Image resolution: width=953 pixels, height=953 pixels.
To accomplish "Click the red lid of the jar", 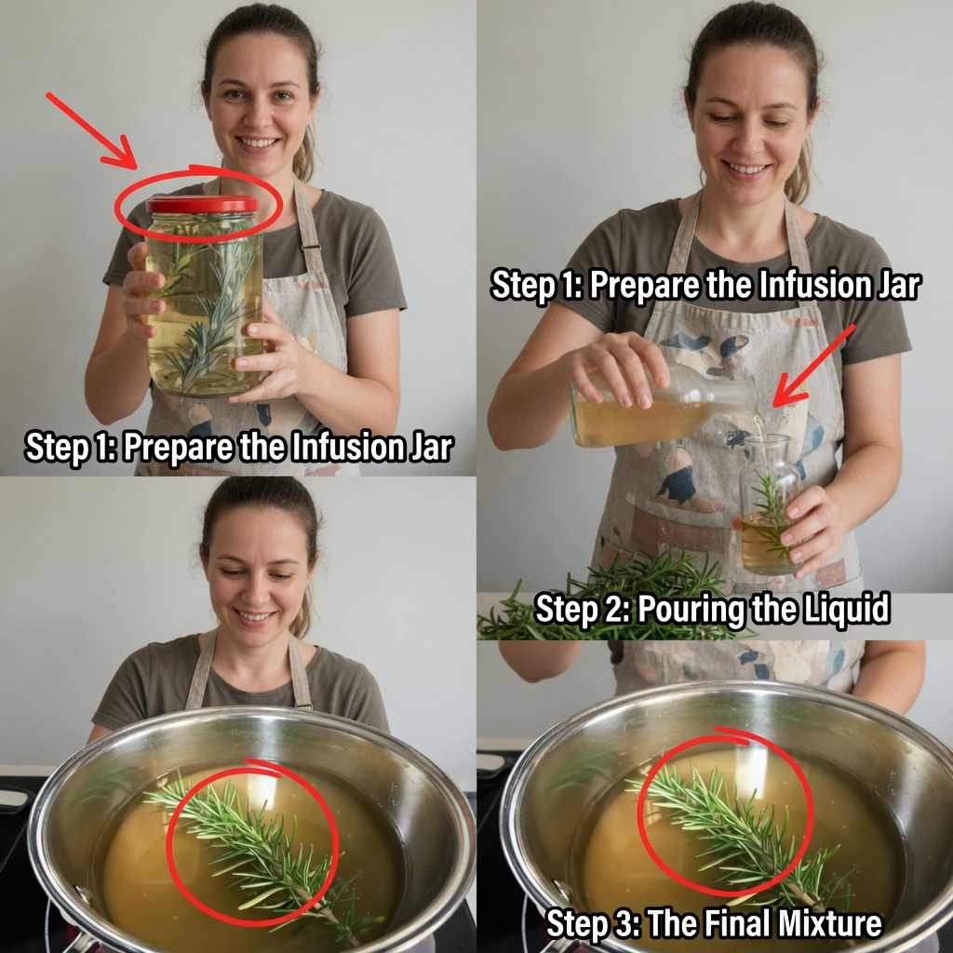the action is coord(202,204).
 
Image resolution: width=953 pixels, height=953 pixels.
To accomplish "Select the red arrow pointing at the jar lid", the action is coord(92,130).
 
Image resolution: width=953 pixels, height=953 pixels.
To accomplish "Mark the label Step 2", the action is coord(583,609).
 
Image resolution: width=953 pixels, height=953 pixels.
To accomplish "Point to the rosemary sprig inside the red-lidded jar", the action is coord(207,310).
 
